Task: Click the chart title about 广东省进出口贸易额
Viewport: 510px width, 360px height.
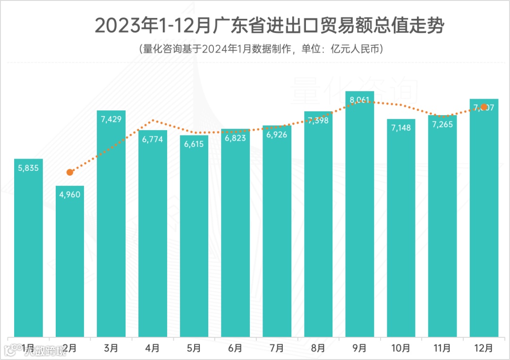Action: [269, 26]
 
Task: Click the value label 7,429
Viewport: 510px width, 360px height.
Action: [111, 119]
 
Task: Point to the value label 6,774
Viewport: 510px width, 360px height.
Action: [153, 139]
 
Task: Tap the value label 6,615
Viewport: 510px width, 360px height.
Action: [194, 144]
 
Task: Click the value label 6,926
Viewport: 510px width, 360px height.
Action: [277, 135]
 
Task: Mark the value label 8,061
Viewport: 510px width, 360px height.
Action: [360, 100]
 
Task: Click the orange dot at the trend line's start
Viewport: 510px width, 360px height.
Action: [70, 172]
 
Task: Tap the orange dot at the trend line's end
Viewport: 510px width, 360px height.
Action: [484, 107]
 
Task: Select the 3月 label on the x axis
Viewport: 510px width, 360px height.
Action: [111, 348]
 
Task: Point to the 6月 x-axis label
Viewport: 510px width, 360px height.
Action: [235, 348]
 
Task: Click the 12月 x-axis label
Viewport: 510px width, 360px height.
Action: [484, 348]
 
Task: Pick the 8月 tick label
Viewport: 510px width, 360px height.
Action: [318, 348]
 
